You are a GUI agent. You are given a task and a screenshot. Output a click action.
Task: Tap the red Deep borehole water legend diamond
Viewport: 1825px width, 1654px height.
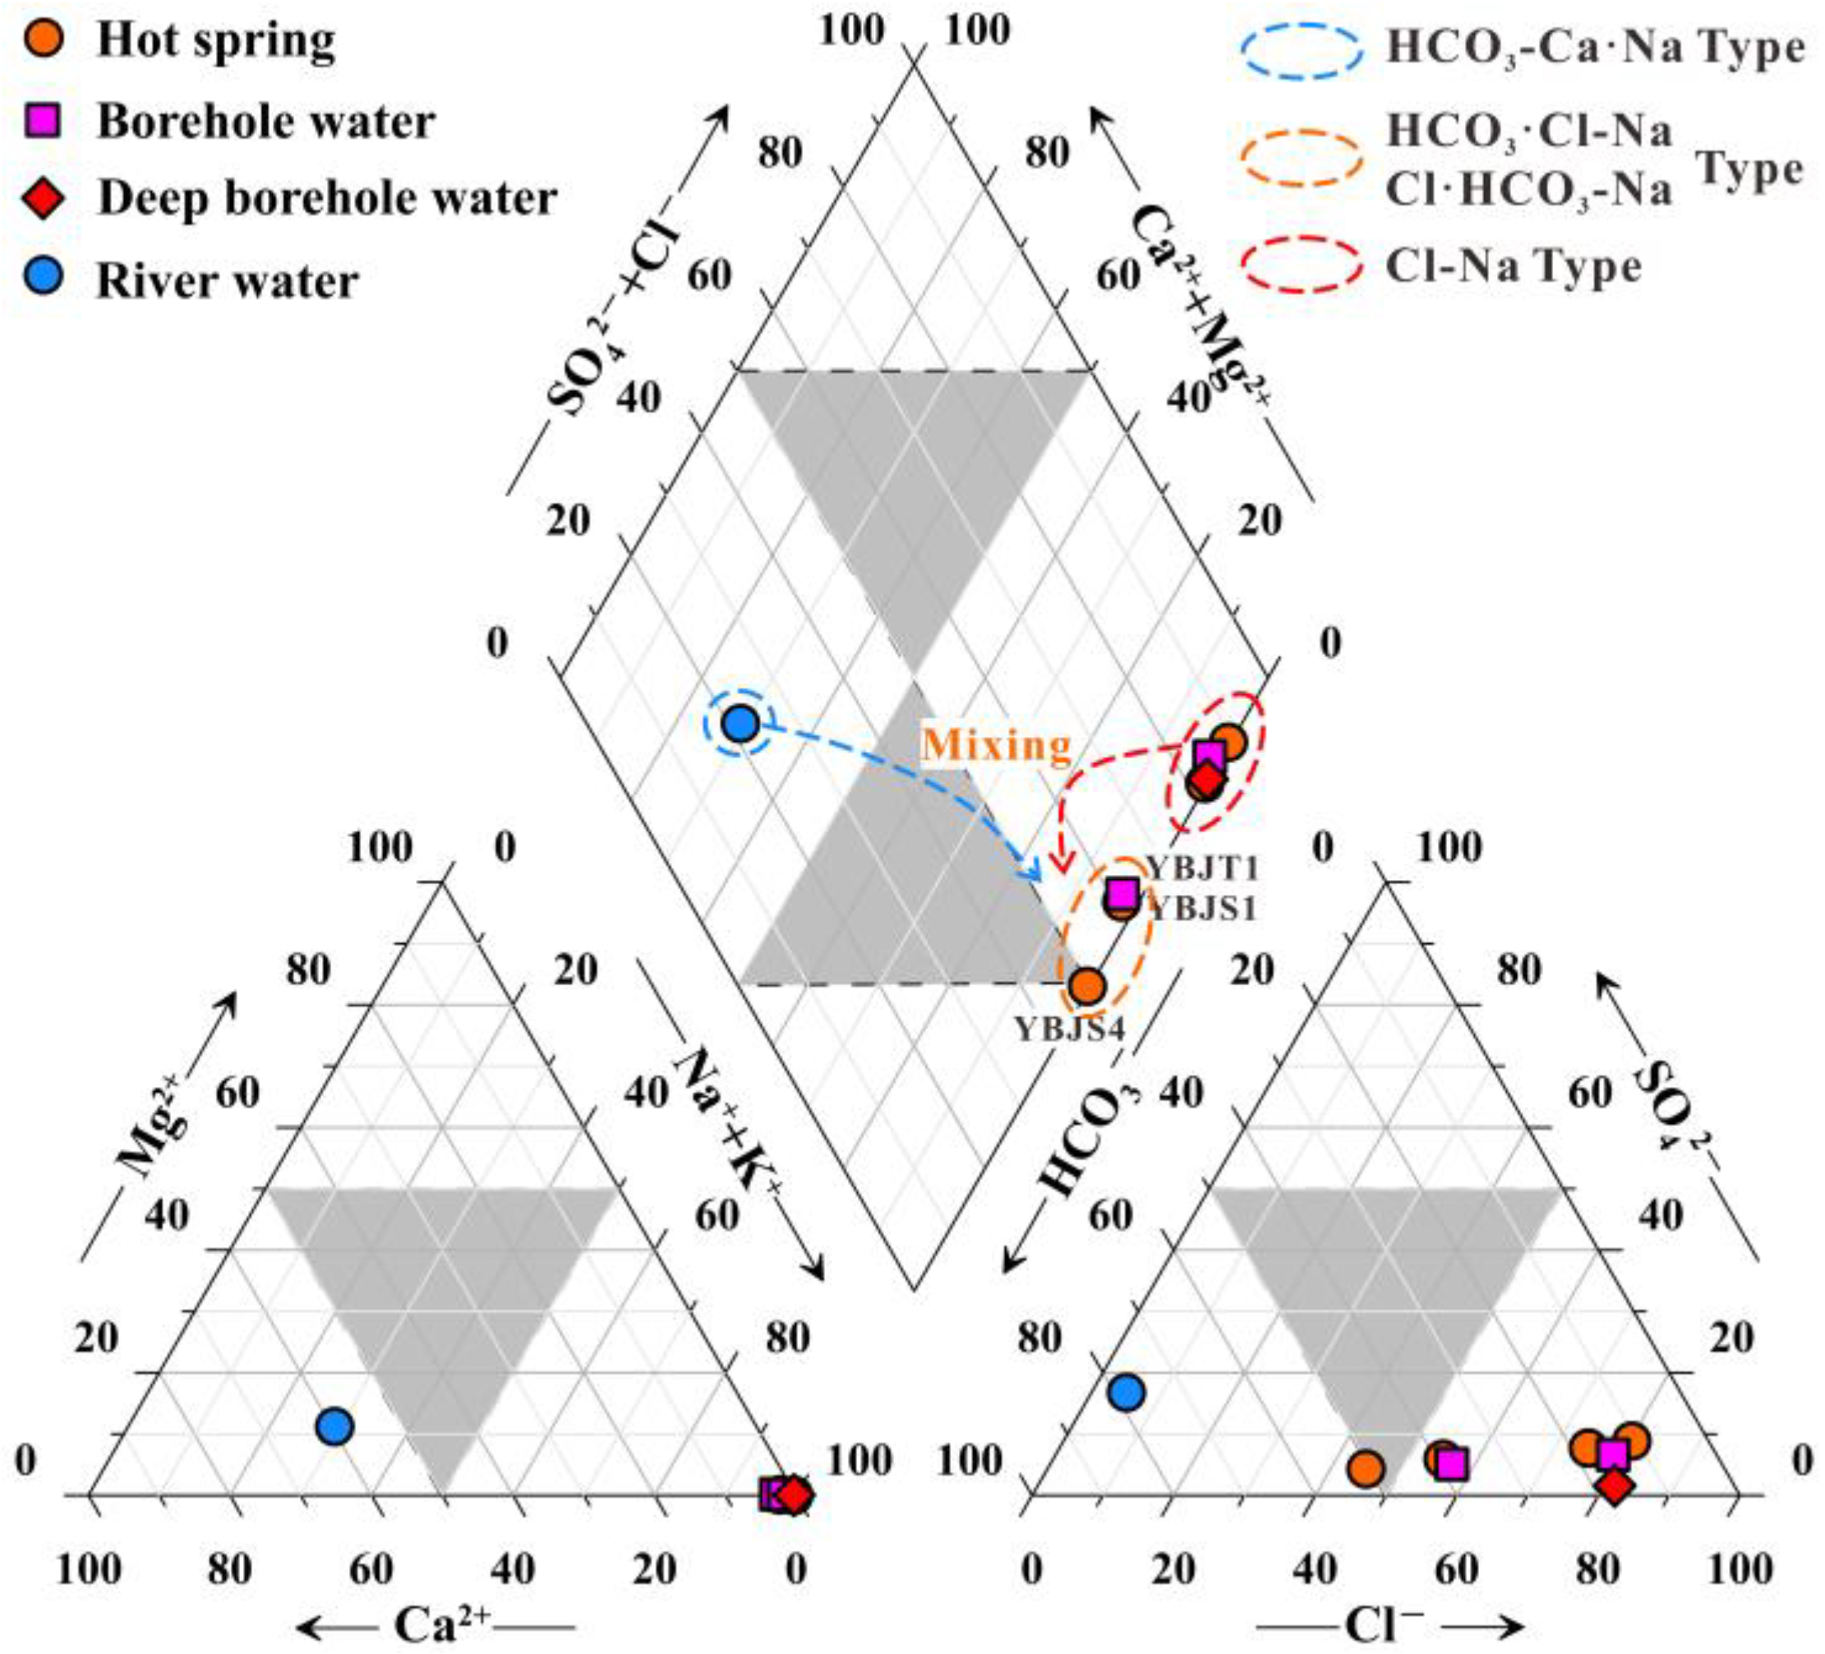[43, 198]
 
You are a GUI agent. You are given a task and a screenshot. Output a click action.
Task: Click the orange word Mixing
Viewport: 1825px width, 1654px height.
[996, 745]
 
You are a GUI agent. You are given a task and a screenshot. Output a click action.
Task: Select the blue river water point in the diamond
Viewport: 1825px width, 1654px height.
[740, 723]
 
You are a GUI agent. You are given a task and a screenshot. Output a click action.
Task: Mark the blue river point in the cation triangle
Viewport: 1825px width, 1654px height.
[335, 1426]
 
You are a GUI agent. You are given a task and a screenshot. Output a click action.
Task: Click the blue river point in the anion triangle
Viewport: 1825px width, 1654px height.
[1126, 1393]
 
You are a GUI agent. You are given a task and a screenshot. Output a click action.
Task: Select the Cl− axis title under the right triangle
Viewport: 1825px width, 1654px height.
[1379, 1626]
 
